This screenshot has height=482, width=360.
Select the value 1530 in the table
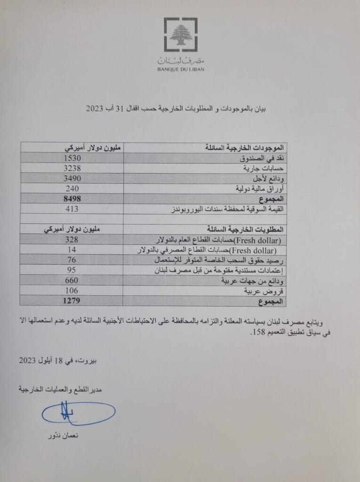click(x=72, y=158)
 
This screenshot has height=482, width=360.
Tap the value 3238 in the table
click(x=72, y=168)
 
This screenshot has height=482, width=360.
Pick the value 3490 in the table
click(x=72, y=178)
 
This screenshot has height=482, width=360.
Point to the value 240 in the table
click(x=72, y=188)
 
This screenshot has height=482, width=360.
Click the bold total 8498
click(x=72, y=199)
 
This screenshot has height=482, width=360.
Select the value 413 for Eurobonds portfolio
click(x=72, y=209)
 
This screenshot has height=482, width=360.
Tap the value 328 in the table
click(x=72, y=240)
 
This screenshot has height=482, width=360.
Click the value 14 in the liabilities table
click(x=72, y=249)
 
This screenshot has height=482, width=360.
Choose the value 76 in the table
click(x=72, y=260)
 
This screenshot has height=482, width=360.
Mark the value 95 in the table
click(x=72, y=270)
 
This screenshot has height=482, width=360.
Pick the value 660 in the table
click(x=72, y=281)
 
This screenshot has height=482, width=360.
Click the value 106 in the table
click(x=72, y=291)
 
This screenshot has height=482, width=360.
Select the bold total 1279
click(x=72, y=301)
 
